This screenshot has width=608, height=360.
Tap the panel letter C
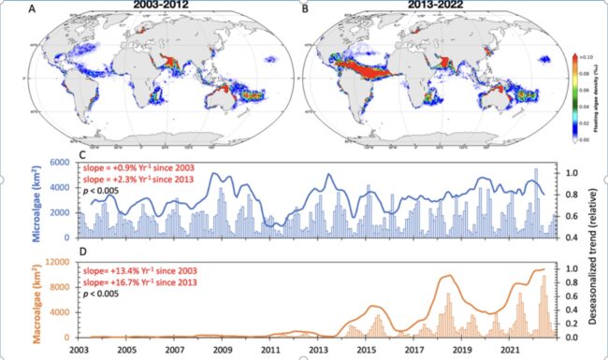tap(82, 157)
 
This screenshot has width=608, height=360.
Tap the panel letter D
tap(82, 252)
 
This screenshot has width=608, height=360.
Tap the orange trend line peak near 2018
tap(447, 277)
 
